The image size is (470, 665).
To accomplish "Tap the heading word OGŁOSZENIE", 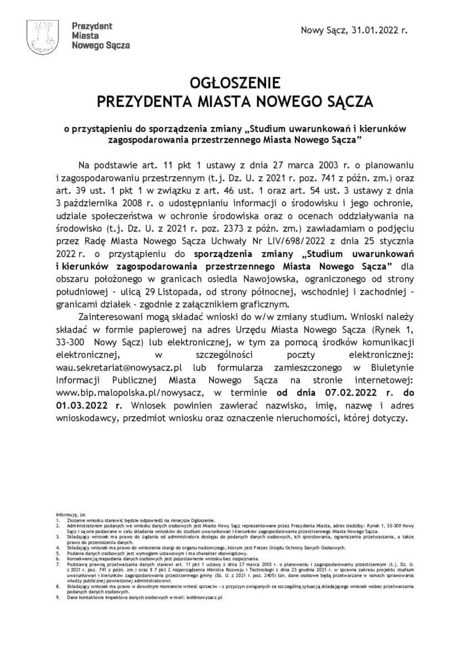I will [x=235, y=83].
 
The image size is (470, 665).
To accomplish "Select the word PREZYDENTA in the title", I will [x=141, y=103].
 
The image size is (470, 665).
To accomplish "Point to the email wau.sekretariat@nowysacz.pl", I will [x=120, y=367].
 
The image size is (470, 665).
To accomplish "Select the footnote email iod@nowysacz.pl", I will [x=205, y=597].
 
